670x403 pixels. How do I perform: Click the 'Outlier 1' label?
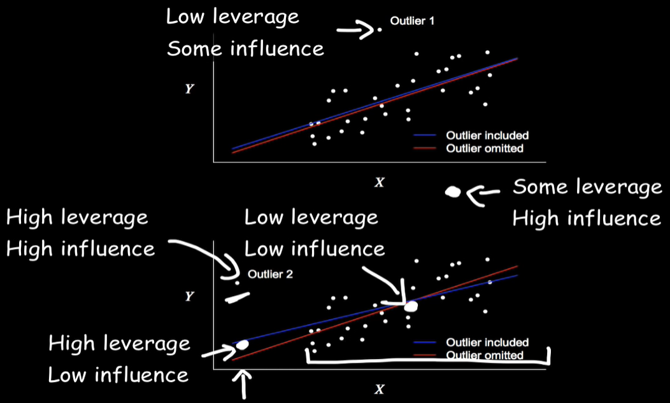click(x=412, y=22)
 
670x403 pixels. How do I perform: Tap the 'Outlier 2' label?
click(x=270, y=274)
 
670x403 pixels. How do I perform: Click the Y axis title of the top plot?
click(x=189, y=89)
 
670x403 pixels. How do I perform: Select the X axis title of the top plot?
click(x=380, y=182)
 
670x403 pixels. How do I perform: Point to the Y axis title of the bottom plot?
click(x=189, y=296)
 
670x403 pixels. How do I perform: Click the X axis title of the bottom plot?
click(x=380, y=389)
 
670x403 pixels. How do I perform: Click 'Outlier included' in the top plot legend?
click(x=487, y=136)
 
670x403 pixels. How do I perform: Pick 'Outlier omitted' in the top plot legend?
click(x=485, y=148)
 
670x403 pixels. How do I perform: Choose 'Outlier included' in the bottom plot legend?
click(x=487, y=343)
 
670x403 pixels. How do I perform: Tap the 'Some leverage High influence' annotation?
click(x=587, y=202)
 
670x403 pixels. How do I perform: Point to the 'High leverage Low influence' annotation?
click(x=119, y=358)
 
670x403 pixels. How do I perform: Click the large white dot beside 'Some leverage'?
click(x=453, y=191)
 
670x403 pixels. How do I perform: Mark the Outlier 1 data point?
click(x=380, y=29)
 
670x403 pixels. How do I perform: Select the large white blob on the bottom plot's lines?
click(x=411, y=306)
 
